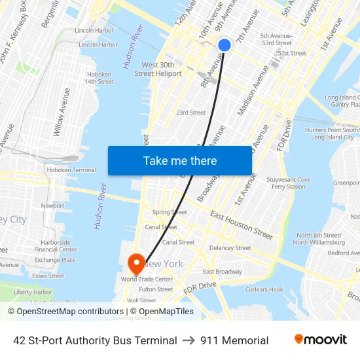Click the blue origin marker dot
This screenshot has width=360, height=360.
tap(224, 45)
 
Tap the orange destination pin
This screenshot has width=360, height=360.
tap(137, 264)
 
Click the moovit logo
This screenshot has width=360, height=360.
tap(321, 340)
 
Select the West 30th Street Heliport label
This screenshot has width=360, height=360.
tap(158, 69)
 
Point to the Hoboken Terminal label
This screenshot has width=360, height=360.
tap(71, 170)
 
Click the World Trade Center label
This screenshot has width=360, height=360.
tap(147, 279)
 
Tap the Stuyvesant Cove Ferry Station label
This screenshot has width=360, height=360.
tap(288, 183)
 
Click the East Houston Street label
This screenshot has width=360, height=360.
tap(241, 225)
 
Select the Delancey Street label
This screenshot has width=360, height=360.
tap(230, 248)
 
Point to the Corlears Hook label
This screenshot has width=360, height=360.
tap(264, 289)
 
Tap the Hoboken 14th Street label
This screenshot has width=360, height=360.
tap(99, 78)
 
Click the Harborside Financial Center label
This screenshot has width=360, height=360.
tap(56, 245)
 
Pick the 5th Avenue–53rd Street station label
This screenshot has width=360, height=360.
tap(276, 39)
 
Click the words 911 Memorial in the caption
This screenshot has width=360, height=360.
tap(235, 340)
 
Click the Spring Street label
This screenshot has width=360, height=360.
tap(170, 212)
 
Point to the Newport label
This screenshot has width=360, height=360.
tap(52, 206)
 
